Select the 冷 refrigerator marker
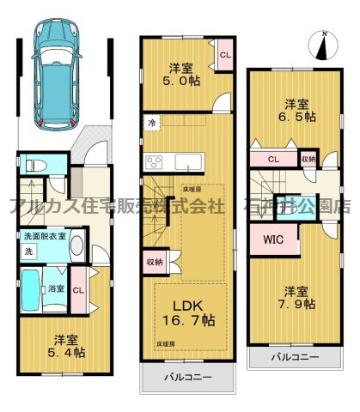pos(152,122)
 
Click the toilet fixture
pos(34,164)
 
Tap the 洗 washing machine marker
pos(27,251)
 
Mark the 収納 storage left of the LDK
pos(155,263)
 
